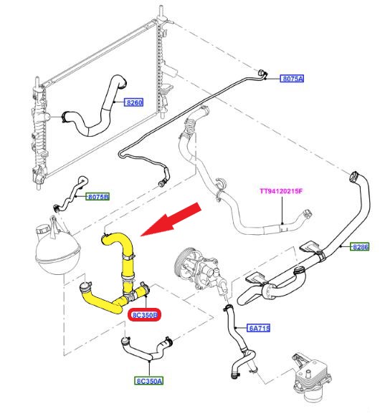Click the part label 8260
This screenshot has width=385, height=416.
[x=133, y=102]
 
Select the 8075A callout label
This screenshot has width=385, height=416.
[x=292, y=79]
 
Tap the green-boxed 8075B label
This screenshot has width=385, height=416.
[x=98, y=197]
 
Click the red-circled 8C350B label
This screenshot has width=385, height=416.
[x=145, y=315]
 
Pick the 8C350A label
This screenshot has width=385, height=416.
[x=149, y=381]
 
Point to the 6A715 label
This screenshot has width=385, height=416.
[x=259, y=328]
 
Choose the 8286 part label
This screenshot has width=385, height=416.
[x=359, y=247]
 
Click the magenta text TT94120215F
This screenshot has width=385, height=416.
[x=281, y=191]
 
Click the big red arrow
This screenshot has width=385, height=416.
[x=171, y=219]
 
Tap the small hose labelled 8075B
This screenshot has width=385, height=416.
[x=71, y=193]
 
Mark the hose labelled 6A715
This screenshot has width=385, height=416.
[x=239, y=342]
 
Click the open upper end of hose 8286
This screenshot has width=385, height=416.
[x=353, y=176]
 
